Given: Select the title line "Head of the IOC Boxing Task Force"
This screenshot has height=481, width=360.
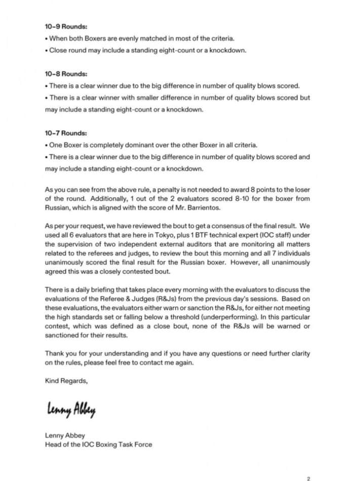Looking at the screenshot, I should pos(98,445).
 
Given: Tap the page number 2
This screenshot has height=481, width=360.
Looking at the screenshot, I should pos(308,478).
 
